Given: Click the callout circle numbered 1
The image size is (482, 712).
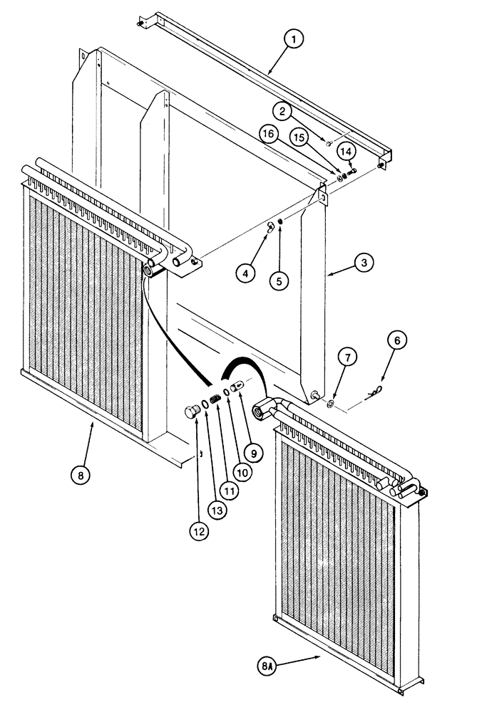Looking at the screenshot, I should [292, 39].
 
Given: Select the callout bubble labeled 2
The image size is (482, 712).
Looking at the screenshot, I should [284, 111].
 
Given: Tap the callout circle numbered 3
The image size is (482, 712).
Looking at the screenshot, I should [364, 263].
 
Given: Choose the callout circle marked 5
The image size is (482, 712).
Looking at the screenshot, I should [280, 281].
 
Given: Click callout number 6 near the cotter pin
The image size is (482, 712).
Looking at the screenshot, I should [397, 340].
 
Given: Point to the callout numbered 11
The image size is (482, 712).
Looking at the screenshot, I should [200, 530].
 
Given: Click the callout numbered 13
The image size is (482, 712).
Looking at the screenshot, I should [346, 151].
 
